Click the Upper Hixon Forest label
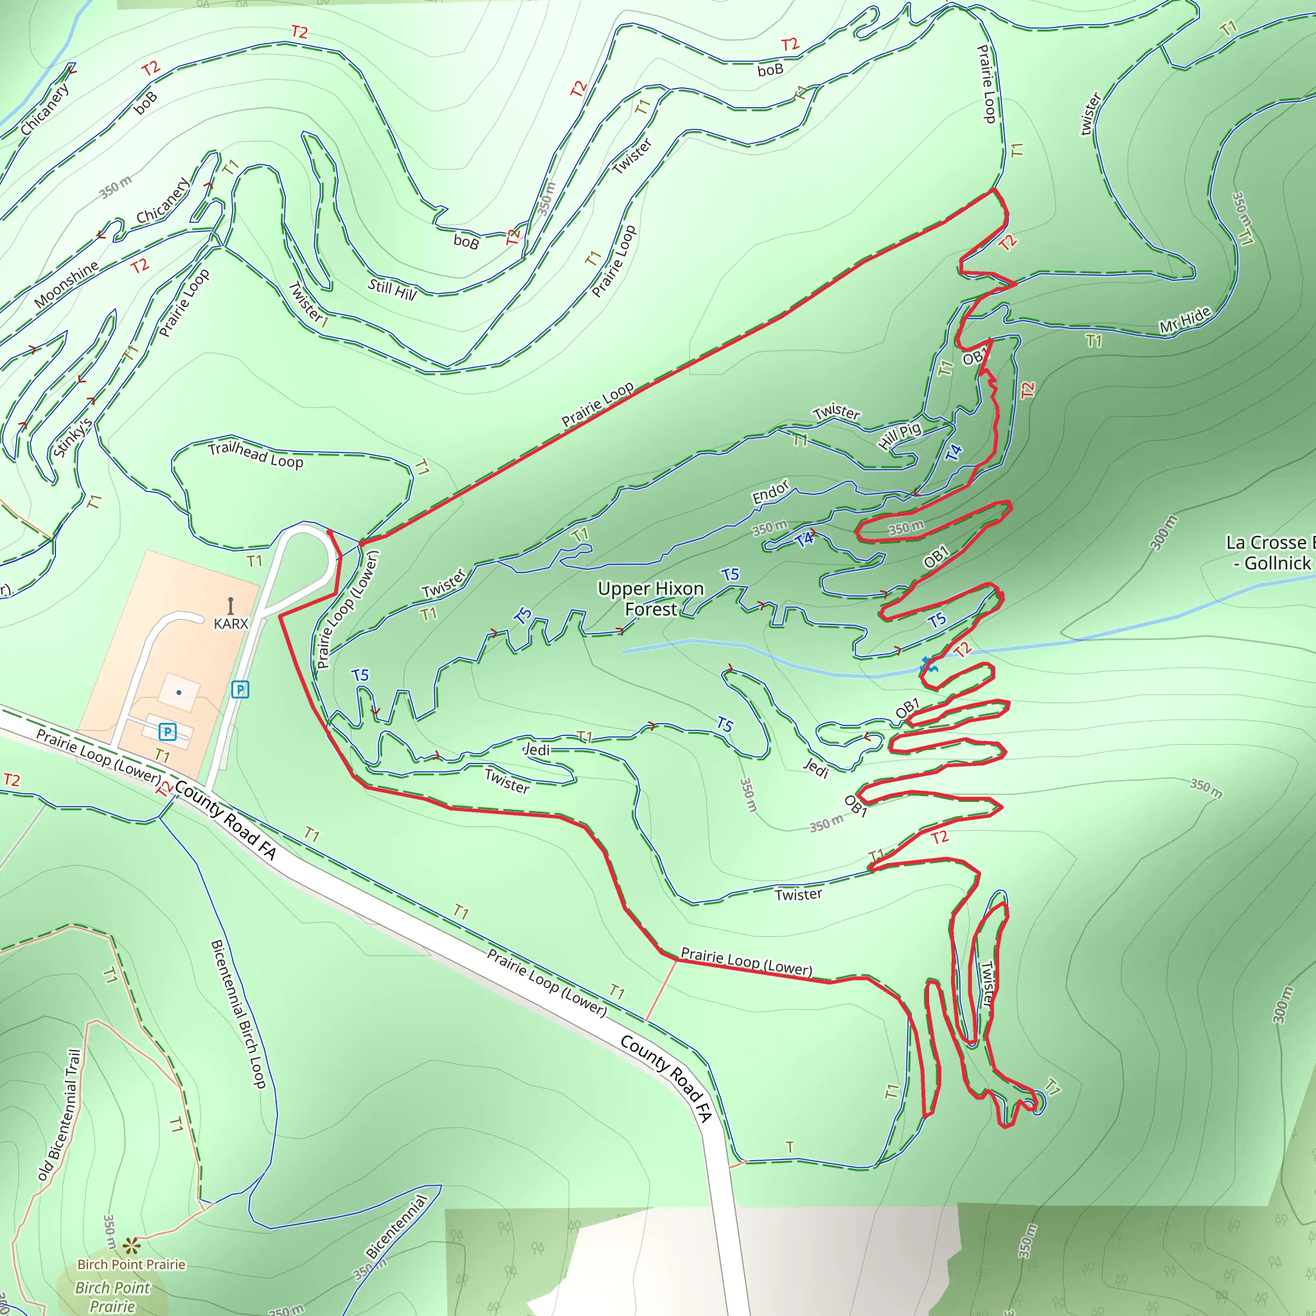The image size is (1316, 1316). click(x=650, y=599)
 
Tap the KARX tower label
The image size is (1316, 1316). click(x=231, y=623)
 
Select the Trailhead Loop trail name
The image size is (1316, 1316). click(x=256, y=454)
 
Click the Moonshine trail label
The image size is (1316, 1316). click(x=66, y=284)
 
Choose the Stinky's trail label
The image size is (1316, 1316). click(x=72, y=438)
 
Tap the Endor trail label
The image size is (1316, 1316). click(x=770, y=492)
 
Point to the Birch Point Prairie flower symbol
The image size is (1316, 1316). click(x=132, y=1247)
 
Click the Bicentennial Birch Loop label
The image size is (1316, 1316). click(x=238, y=1014)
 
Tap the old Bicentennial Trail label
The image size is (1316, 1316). click(x=59, y=1114)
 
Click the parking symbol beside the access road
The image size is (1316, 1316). click(x=240, y=689)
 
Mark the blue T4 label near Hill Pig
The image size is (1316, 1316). click(x=954, y=452)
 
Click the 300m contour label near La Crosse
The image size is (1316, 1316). click(x=1164, y=532)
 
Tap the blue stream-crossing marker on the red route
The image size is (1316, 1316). click(x=929, y=665)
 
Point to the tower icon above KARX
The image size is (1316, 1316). click(x=231, y=605)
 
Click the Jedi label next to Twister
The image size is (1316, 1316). click(x=536, y=749)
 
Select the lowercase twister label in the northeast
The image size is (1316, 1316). click(x=1090, y=114)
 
